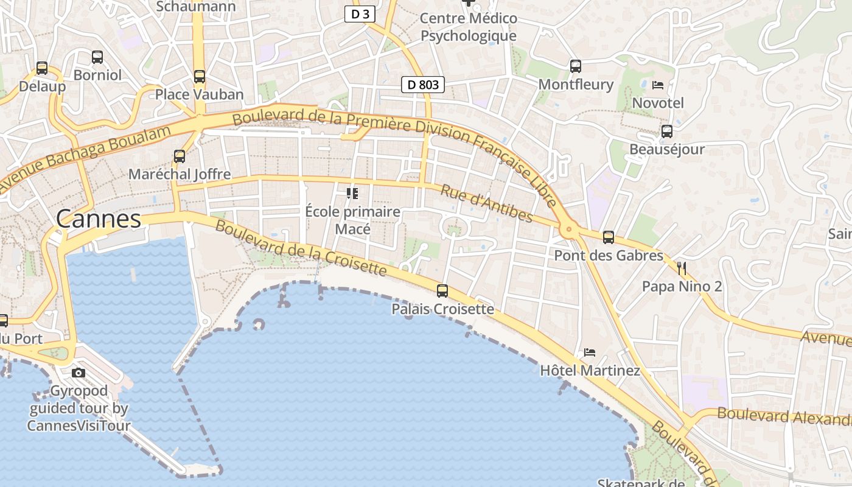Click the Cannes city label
click(98, 219)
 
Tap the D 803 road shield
click(422, 85)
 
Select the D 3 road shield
click(360, 14)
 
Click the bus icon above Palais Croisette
click(442, 291)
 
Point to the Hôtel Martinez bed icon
click(589, 352)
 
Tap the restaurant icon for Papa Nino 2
click(682, 268)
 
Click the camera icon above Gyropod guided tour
click(79, 373)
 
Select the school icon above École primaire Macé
click(352, 194)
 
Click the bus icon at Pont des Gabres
click(608, 237)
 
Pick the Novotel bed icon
click(657, 85)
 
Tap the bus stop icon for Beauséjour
click(666, 131)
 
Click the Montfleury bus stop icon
click(575, 66)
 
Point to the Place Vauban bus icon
click(199, 77)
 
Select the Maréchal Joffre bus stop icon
click(179, 156)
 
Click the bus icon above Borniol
click(97, 57)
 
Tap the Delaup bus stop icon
click(41, 68)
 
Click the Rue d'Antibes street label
click(486, 204)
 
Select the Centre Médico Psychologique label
click(469, 27)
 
